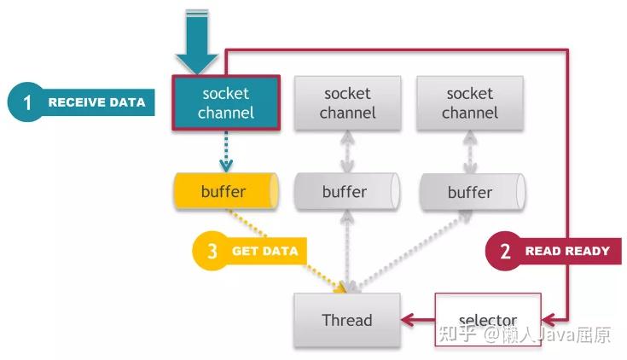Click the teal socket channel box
[x=226, y=103]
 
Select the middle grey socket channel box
[x=347, y=103]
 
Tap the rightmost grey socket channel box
[x=470, y=103]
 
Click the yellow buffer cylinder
[x=226, y=191]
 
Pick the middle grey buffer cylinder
[x=346, y=191]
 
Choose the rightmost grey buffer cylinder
[x=473, y=192]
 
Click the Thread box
[x=347, y=320]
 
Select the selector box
[x=488, y=320]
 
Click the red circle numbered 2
[x=505, y=251]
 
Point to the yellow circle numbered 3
[x=212, y=251]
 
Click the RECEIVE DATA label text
[x=96, y=102]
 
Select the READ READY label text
[x=567, y=251]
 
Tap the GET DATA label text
[x=265, y=251]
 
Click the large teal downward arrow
[x=197, y=42]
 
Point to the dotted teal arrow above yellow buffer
[x=226, y=152]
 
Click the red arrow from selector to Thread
[x=418, y=320]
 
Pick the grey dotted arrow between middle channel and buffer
[x=347, y=152]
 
